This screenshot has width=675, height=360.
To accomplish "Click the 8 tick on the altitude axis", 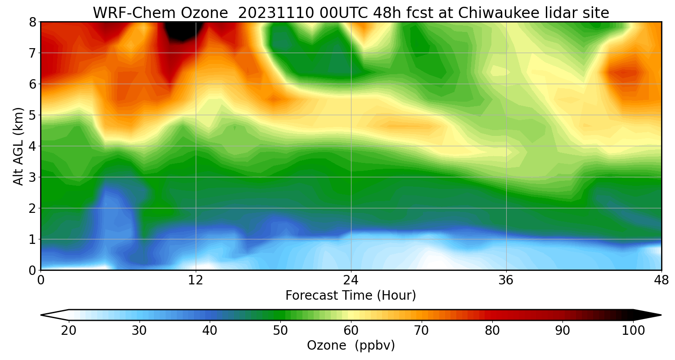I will coord(33,22).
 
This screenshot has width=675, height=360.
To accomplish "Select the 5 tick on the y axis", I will coord(33,115).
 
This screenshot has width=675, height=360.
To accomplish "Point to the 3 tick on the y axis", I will coord(33,177).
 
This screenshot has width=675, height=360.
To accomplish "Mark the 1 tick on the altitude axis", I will coord(33,239).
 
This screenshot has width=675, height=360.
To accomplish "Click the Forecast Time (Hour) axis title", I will coord(351,296).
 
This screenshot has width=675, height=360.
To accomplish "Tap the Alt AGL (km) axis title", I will coord(18,146).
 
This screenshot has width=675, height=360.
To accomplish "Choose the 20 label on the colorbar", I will coord(69,331).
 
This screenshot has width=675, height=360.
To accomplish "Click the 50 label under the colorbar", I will coord(280,331).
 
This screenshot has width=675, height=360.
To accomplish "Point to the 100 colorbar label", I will coord(633,331).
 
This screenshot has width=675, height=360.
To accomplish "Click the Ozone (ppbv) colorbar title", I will coord(351,346).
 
